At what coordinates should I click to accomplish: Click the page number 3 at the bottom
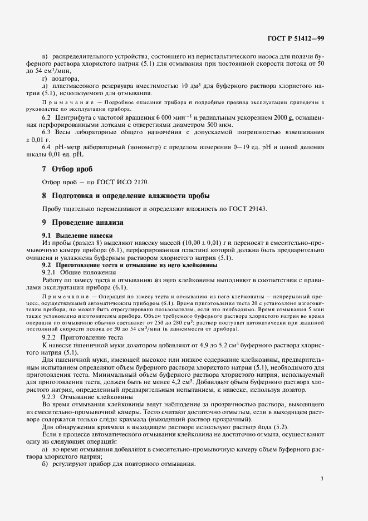tap(322, 478)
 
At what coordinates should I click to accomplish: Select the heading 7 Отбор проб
tap(67, 169)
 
